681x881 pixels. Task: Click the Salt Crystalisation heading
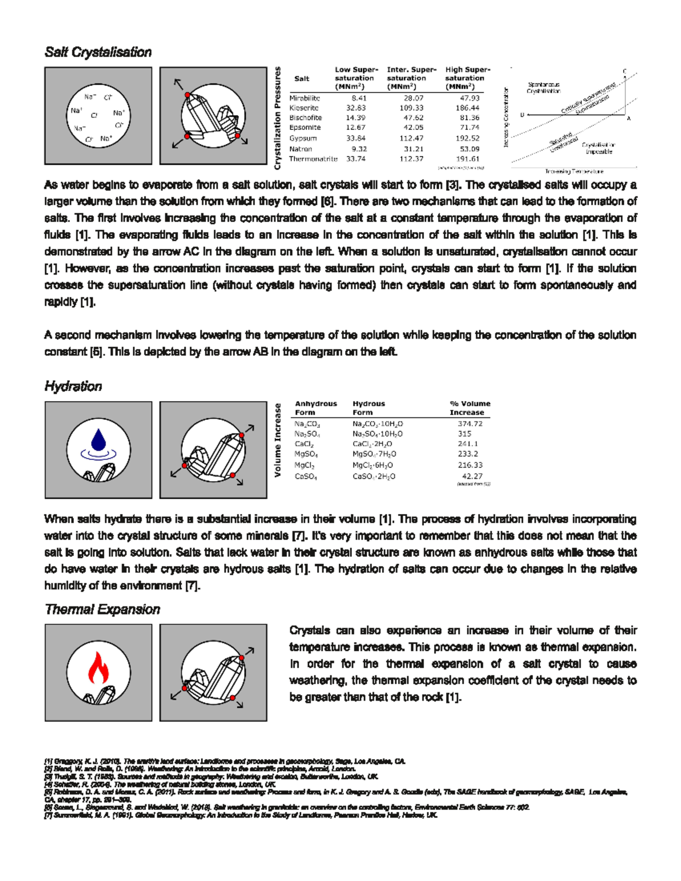point(98,52)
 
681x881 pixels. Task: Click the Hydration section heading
point(73,386)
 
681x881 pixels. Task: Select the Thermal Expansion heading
point(102,609)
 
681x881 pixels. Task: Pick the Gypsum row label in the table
point(303,138)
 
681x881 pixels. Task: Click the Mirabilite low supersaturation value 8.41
point(359,98)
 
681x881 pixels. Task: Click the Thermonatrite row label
point(313,159)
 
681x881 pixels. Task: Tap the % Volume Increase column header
point(469,408)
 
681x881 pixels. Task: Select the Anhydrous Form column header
point(316,408)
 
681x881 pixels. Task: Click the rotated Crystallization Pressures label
point(278,118)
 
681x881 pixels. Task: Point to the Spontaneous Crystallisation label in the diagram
point(543,87)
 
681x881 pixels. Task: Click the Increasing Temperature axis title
point(574,171)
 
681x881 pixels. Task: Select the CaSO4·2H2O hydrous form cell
point(373,477)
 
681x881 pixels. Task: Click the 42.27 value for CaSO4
point(472,477)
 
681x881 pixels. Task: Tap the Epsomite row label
point(305,128)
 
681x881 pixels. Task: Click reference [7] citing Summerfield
point(241,815)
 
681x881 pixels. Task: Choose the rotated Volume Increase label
point(278,440)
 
